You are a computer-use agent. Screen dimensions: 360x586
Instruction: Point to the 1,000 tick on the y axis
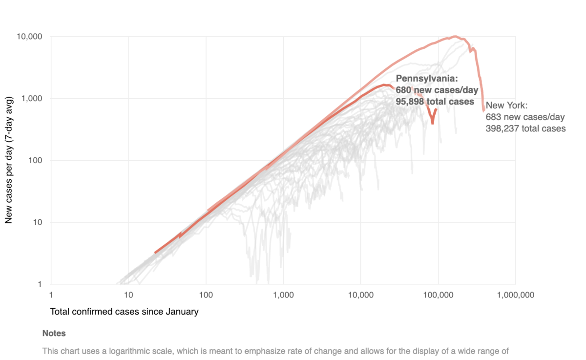pyautogui.click(x=34, y=99)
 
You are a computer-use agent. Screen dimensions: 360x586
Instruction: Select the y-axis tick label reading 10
pyautogui.click(x=38, y=222)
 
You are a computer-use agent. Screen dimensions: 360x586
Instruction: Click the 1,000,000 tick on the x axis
pyautogui.click(x=515, y=295)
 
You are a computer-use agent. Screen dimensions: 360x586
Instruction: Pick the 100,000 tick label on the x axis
pyautogui.click(x=438, y=295)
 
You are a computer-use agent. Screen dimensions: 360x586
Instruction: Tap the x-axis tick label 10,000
pyautogui.click(x=360, y=295)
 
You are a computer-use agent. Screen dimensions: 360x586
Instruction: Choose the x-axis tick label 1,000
pyautogui.click(x=283, y=295)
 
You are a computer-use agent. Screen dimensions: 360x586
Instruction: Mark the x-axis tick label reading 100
pyautogui.click(x=206, y=295)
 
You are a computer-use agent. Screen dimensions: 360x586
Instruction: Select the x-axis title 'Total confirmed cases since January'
pyautogui.click(x=124, y=312)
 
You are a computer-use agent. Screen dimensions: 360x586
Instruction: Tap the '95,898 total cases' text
pyautogui.click(x=435, y=102)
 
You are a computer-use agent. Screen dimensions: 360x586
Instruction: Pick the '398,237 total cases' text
pyautogui.click(x=525, y=129)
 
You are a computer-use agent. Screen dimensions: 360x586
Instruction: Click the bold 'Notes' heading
pyautogui.click(x=54, y=334)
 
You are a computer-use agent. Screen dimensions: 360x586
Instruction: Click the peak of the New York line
pyautogui.click(x=455, y=36)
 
